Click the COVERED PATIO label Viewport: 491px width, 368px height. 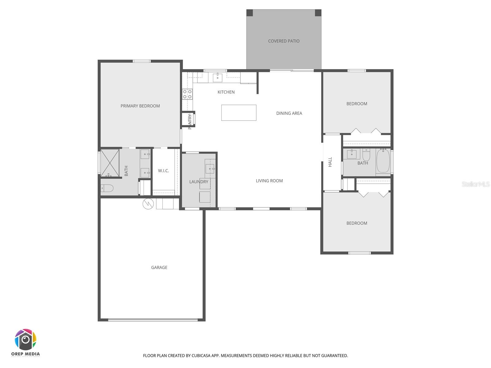(x=284, y=41)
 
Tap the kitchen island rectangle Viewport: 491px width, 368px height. (x=239, y=113)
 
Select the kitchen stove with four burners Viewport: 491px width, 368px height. (x=187, y=94)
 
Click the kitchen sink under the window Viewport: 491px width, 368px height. (x=217, y=77)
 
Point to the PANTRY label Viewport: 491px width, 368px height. (x=190, y=121)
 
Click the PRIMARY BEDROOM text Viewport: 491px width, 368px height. (x=140, y=106)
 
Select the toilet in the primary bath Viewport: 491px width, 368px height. (x=107, y=188)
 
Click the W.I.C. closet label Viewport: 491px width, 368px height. (x=163, y=171)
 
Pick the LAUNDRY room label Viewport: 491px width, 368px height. (x=199, y=182)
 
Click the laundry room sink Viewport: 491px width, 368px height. (x=210, y=169)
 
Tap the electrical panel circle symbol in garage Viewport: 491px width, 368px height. (x=148, y=204)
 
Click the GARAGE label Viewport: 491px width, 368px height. (x=159, y=267)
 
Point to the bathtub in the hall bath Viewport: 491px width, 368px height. (x=383, y=161)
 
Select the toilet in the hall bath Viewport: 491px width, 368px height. (x=366, y=155)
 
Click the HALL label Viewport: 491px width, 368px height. (x=330, y=162)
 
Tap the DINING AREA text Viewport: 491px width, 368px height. (x=289, y=113)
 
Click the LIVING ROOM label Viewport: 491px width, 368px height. (x=269, y=181)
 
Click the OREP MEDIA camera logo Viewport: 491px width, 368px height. (x=26, y=340)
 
